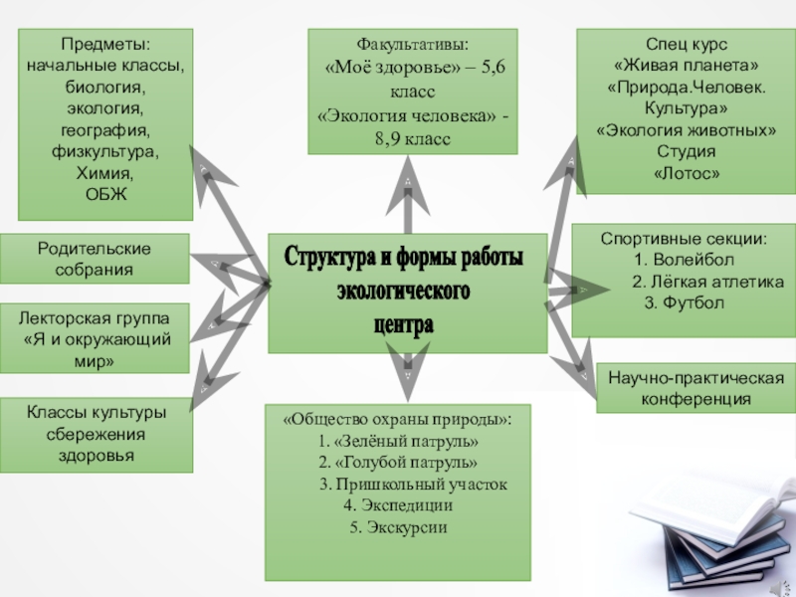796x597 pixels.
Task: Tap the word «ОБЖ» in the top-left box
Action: pyautogui.click(x=108, y=193)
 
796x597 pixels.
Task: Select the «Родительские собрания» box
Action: pyautogui.click(x=95, y=258)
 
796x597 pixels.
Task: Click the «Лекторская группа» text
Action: pyautogui.click(x=95, y=317)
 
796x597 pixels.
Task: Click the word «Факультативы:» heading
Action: pyautogui.click(x=412, y=45)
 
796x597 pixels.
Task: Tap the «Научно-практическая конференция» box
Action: pyautogui.click(x=696, y=388)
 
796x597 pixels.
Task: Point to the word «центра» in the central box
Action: pyautogui.click(x=404, y=324)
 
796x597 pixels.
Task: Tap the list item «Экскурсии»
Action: pyautogui.click(x=398, y=526)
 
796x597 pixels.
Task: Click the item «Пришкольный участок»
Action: pyautogui.click(x=412, y=485)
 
